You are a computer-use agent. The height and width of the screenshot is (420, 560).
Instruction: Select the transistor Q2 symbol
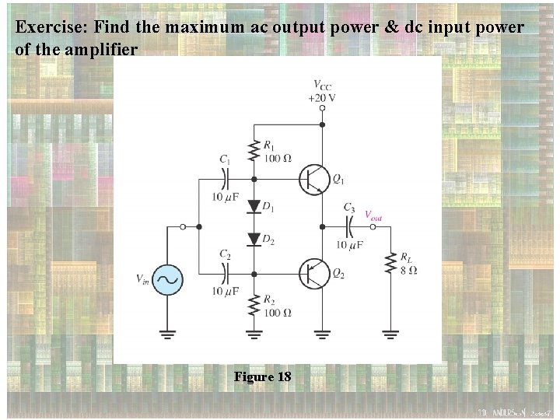[x=313, y=274]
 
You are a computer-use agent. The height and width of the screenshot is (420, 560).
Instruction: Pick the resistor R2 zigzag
[x=254, y=306]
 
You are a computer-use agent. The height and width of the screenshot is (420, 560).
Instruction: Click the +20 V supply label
[x=322, y=98]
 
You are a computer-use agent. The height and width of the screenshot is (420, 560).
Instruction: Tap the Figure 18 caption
[x=262, y=377]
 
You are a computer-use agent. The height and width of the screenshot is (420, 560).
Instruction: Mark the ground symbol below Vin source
[x=166, y=335]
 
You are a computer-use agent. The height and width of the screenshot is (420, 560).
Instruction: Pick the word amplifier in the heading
[x=102, y=49]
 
